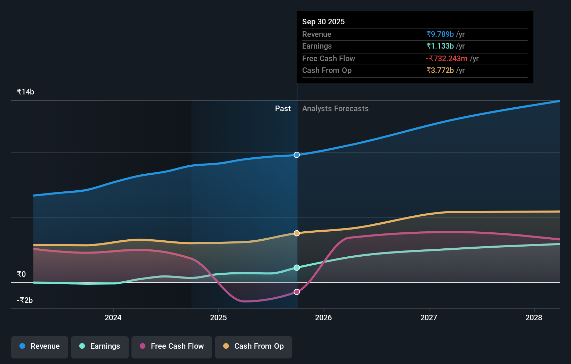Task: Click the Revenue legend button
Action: [40, 346]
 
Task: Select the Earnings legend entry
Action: [100, 346]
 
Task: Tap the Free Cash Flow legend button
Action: [172, 346]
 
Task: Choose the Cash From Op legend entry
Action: [254, 346]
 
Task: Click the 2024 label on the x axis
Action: [113, 317]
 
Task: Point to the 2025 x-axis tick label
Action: [218, 317]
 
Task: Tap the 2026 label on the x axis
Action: [323, 317]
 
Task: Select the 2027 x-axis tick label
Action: [429, 317]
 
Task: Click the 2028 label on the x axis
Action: [534, 317]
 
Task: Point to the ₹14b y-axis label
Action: [25, 92]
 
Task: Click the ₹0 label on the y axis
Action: [21, 274]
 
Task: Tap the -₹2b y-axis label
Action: [25, 300]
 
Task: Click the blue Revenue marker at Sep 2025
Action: [297, 155]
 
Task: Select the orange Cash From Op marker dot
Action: [297, 233]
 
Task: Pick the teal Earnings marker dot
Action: [297, 267]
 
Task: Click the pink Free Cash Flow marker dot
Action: [297, 292]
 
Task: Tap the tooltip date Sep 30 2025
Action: [323, 22]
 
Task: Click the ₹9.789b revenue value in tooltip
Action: [440, 34]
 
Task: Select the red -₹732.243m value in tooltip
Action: [447, 58]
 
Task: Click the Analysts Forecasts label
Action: [335, 108]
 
